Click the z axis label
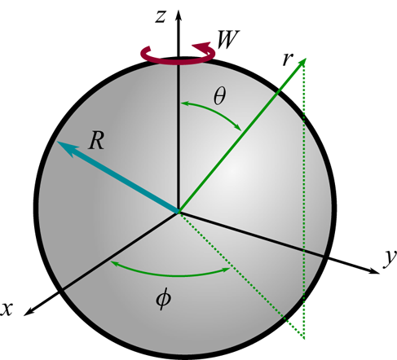coord(161,17)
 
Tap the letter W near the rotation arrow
coord(227,39)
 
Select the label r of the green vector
coord(288,59)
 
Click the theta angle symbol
coord(219,97)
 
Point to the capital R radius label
coord(96,141)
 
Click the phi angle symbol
coord(163,299)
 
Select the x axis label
coord(7,310)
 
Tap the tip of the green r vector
coord(306,59)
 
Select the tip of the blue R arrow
coord(58,142)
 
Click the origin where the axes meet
coord(179,212)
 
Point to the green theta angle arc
coord(214,112)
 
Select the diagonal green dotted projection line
coord(241,275)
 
